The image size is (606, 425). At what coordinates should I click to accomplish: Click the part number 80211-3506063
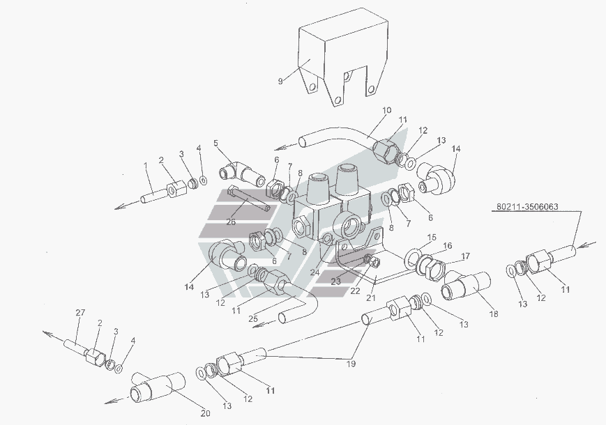[529, 207]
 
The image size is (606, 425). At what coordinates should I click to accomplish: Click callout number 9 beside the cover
[280, 82]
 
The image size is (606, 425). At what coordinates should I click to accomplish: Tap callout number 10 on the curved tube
[387, 110]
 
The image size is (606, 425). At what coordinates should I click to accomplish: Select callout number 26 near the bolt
[231, 222]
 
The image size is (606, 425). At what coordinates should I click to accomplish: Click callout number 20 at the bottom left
[205, 414]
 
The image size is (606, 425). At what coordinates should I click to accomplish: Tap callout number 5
[216, 144]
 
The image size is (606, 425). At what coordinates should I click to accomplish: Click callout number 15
[432, 238]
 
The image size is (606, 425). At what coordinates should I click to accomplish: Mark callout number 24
[315, 272]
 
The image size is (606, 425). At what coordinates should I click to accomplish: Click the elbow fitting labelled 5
[236, 171]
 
